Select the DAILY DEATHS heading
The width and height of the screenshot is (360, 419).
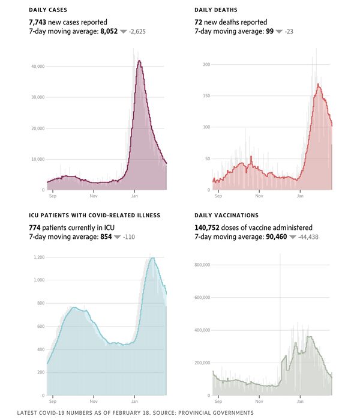tap(216, 11)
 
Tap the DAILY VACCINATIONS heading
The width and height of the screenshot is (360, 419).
tap(227, 215)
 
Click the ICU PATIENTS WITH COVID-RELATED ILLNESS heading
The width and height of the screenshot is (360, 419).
tap(94, 215)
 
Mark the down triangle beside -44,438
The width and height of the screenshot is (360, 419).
tap(293, 238)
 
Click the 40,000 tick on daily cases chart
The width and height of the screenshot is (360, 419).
tap(37, 66)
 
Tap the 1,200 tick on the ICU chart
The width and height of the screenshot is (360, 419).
tap(38, 257)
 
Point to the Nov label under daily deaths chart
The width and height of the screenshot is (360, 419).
tap(259, 196)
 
